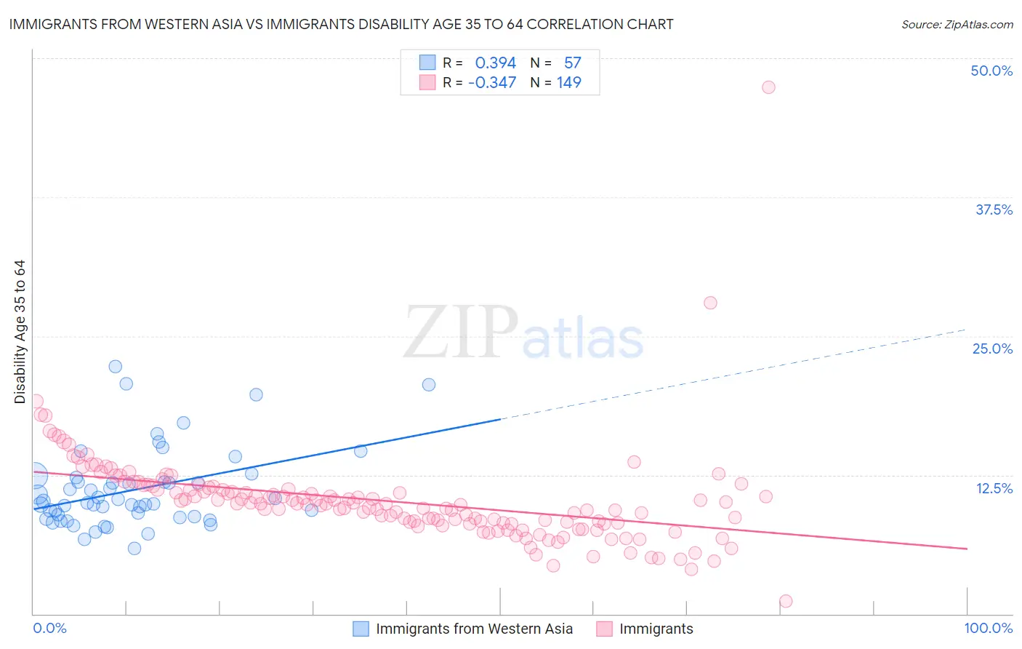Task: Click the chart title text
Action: (341, 24)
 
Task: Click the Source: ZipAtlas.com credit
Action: (957, 24)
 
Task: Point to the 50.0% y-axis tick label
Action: (991, 71)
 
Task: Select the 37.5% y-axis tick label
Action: (994, 210)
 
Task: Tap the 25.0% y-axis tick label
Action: (992, 349)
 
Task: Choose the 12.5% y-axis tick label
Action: (994, 488)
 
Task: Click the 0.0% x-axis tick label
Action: (49, 628)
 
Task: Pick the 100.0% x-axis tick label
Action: (988, 628)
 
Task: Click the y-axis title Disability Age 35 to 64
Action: (20, 332)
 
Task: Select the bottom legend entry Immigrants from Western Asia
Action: (474, 629)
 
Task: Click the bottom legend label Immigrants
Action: (656, 629)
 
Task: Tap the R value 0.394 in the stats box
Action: (495, 63)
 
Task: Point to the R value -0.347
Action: (492, 82)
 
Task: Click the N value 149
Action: (568, 82)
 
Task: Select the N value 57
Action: (572, 63)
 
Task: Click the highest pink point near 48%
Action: (768, 87)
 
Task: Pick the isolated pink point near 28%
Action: (710, 303)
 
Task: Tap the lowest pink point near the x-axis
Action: (785, 601)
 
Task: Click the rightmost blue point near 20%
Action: (429, 385)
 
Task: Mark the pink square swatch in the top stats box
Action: (427, 82)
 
